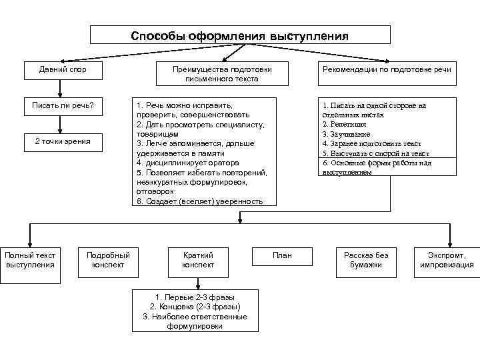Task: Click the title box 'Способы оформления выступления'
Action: click(x=240, y=35)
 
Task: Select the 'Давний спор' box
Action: click(x=63, y=69)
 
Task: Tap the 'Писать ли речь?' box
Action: click(x=63, y=105)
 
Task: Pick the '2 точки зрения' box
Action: click(x=63, y=141)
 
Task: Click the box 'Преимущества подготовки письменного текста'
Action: click(x=222, y=74)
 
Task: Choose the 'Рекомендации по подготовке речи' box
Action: click(x=387, y=69)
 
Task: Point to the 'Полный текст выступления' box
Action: click(x=30, y=260)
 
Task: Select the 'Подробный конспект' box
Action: click(x=108, y=260)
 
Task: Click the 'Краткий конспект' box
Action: click(x=198, y=260)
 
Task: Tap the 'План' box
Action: click(x=283, y=255)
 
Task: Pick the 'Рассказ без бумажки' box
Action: click(x=366, y=260)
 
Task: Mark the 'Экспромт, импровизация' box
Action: click(x=447, y=260)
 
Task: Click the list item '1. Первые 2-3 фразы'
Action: click(x=195, y=297)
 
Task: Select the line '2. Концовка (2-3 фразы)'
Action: click(x=195, y=307)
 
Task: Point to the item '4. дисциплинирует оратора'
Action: click(x=187, y=163)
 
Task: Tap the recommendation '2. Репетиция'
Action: click(x=344, y=124)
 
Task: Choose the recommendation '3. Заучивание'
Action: click(x=345, y=134)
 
